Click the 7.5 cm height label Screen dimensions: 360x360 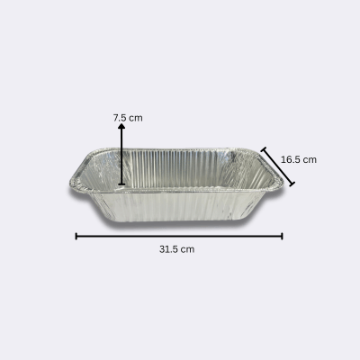(x=128, y=118)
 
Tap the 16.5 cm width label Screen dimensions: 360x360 (x=299, y=159)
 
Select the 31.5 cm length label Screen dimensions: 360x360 (x=176, y=249)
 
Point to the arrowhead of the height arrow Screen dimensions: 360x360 (x=121, y=126)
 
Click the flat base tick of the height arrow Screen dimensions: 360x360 (x=121, y=184)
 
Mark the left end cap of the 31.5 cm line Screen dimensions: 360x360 (x=76, y=236)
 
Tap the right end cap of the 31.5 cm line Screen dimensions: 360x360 (x=282, y=236)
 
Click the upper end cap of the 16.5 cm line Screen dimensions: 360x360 (x=264, y=149)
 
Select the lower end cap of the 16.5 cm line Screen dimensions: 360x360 (x=292, y=184)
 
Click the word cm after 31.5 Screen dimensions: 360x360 (x=187, y=250)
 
